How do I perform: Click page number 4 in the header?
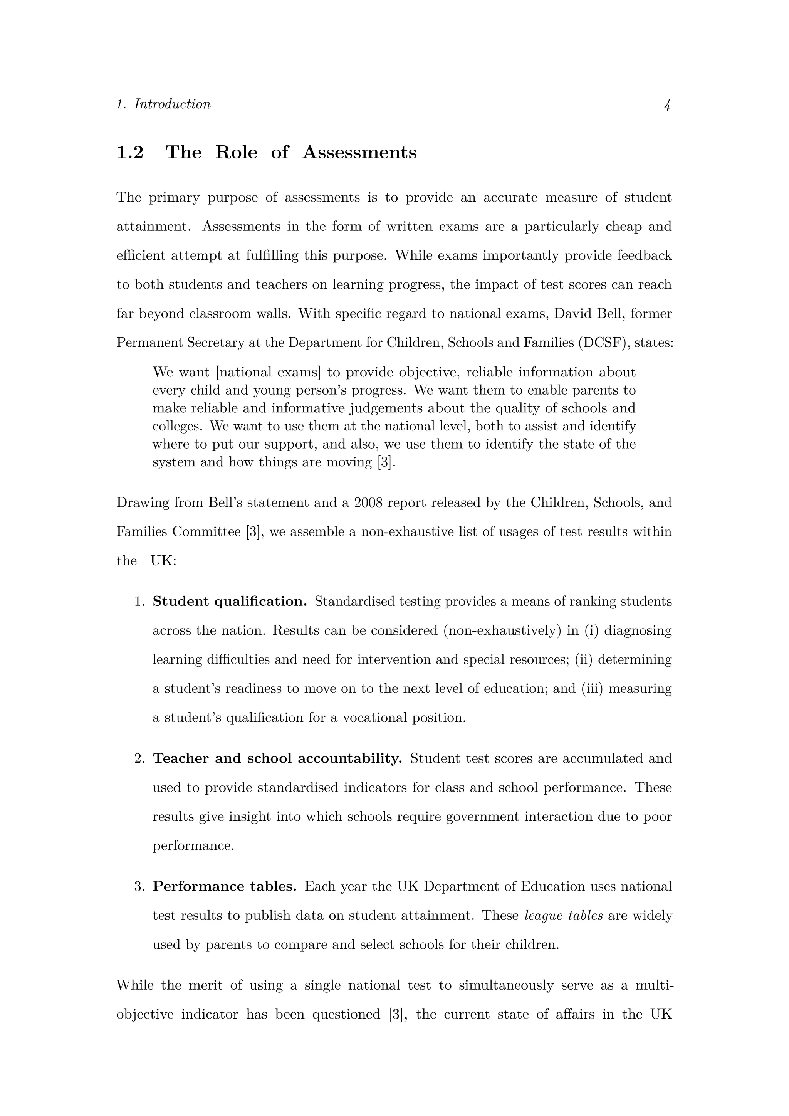(667, 104)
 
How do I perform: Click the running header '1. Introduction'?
(163, 104)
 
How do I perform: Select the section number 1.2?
(130, 153)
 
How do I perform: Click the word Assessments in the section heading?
(359, 153)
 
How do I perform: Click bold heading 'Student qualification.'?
(230, 602)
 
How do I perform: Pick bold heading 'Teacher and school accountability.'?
(277, 759)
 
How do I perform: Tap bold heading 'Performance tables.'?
(225, 887)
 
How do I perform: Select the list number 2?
(139, 759)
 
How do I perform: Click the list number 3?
(139, 887)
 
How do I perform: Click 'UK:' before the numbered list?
(163, 561)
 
